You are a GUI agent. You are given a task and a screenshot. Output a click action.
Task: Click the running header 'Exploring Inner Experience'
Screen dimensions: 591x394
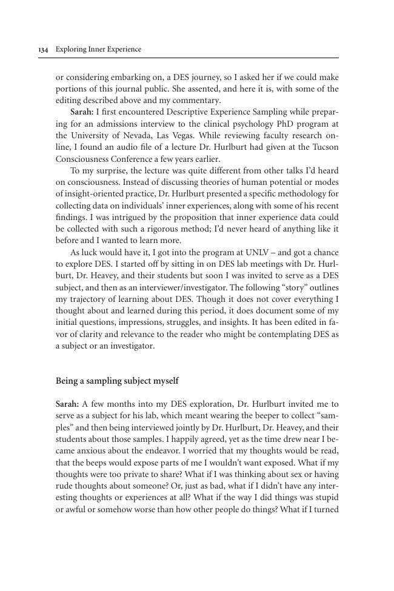98,50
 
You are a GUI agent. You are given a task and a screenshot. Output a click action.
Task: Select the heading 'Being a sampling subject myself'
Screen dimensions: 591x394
117,381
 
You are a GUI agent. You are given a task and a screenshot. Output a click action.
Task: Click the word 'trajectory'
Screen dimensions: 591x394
87,299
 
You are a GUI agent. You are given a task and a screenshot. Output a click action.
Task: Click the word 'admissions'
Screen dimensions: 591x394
106,124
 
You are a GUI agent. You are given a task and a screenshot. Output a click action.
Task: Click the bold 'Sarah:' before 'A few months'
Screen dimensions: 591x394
67,404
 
